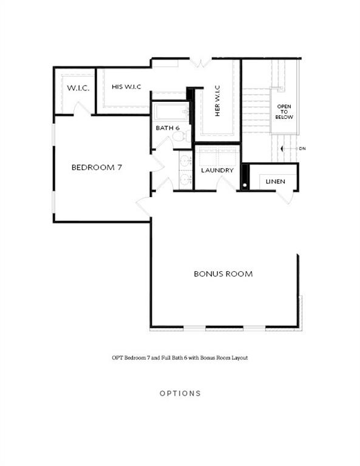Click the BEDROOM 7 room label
tap(97, 167)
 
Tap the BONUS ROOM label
tap(223, 274)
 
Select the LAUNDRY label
tap(217, 171)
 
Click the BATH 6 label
tap(168, 128)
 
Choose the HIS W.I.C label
tap(126, 87)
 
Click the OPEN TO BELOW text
tap(284, 112)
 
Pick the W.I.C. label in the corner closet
tap(78, 88)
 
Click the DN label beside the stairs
tap(302, 149)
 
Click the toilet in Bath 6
tap(178, 137)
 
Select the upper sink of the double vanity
tap(186, 161)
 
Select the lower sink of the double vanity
tap(186, 180)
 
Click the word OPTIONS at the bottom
tap(180, 393)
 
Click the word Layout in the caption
tap(235, 358)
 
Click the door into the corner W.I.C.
tap(82, 109)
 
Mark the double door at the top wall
tap(200, 62)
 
